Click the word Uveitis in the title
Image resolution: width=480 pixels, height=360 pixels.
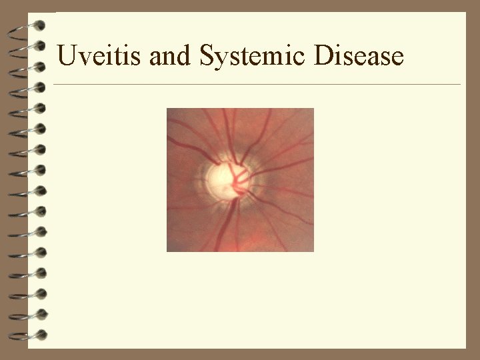point(100,55)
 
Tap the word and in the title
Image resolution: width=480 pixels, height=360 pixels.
point(170,55)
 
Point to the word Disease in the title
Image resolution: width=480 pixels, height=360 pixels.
point(359,55)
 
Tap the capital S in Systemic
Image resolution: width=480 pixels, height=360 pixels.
point(206,55)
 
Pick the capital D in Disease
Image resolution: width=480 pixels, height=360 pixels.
point(323,55)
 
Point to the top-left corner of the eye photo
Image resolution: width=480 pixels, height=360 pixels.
point(167,109)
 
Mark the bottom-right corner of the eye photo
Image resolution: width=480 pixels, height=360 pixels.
point(313,251)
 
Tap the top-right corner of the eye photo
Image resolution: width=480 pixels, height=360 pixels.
point(313,109)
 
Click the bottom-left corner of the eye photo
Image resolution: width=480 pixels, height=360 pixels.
point(167,251)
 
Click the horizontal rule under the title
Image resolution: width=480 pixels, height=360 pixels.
point(257,85)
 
